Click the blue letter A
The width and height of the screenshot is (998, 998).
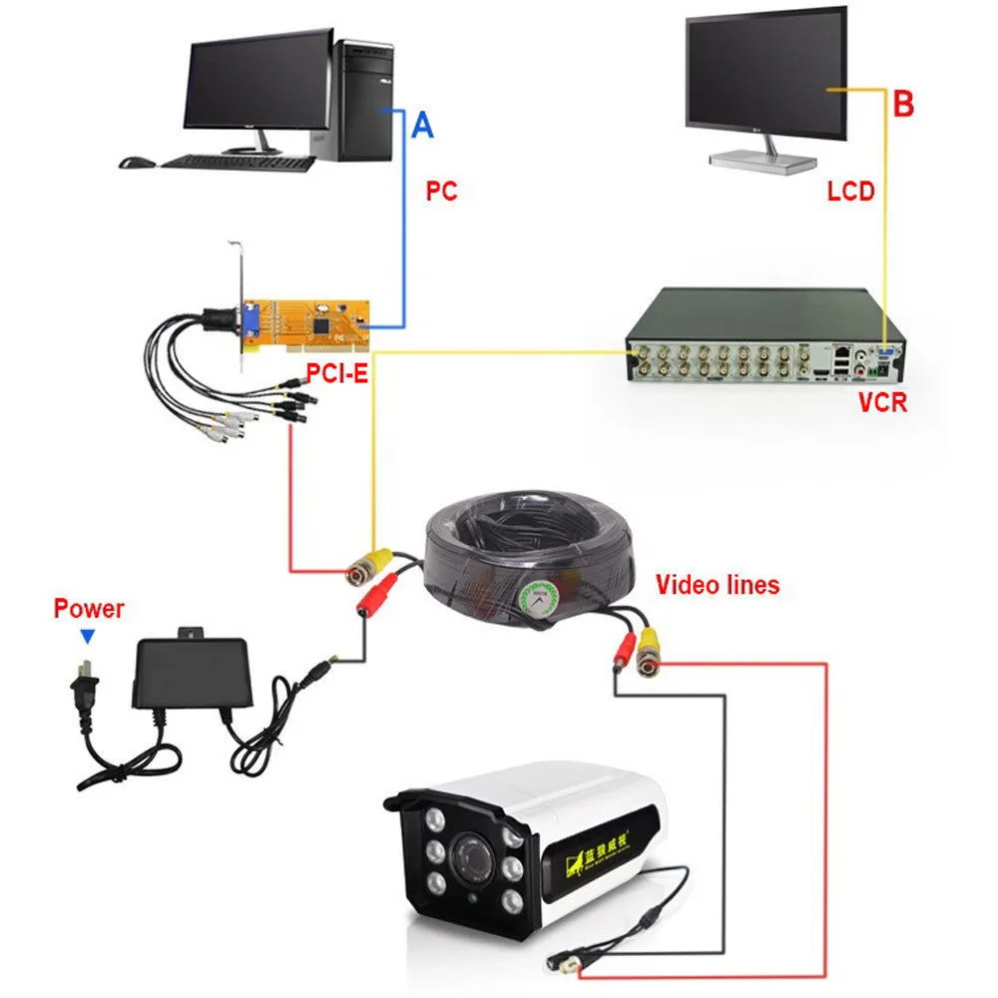pyautogui.click(x=423, y=125)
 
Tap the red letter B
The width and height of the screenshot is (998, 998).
pyautogui.click(x=903, y=104)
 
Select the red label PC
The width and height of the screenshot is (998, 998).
pyautogui.click(x=440, y=191)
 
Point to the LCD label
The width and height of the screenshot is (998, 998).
pyautogui.click(x=850, y=191)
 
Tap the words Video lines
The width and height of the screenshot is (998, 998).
pyautogui.click(x=717, y=584)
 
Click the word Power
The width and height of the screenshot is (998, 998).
pyautogui.click(x=89, y=608)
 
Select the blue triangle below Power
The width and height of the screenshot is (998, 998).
pyautogui.click(x=88, y=636)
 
